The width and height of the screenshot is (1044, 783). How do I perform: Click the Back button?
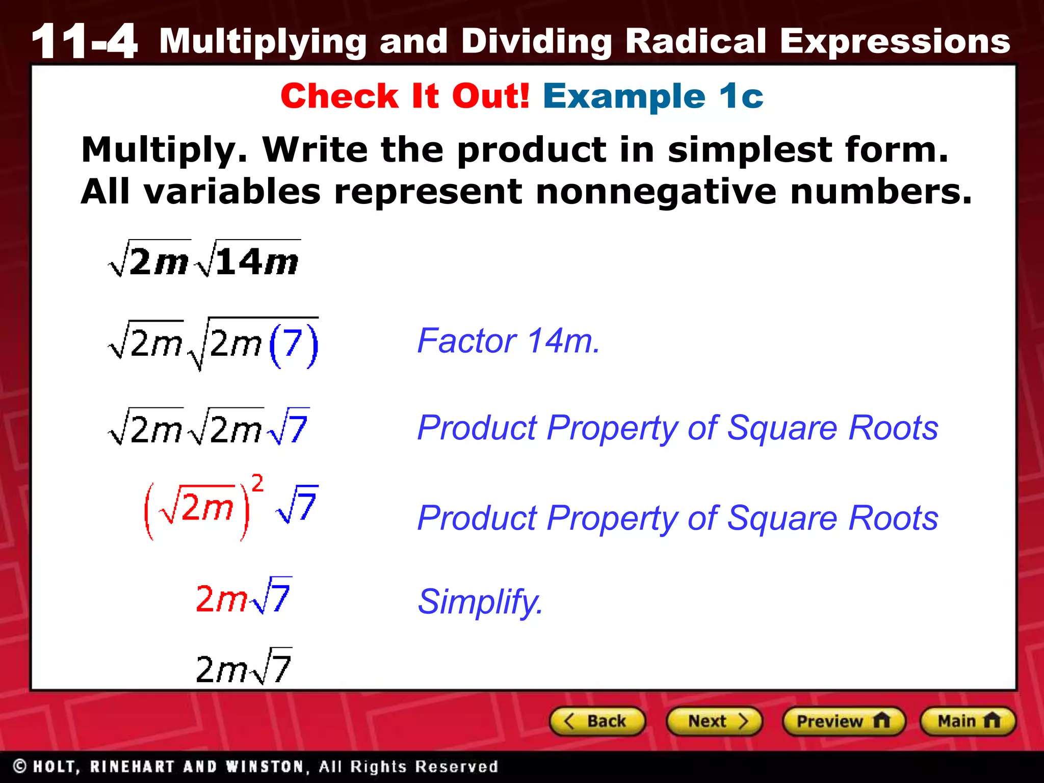(597, 721)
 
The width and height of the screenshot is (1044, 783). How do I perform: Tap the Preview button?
(843, 721)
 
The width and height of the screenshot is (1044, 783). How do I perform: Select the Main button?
(968, 721)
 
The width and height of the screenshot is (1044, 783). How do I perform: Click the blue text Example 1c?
(653, 96)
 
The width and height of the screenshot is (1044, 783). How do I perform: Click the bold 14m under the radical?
(257, 262)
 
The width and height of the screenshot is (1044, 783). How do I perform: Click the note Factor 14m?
(508, 341)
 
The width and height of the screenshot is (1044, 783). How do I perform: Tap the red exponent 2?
(257, 483)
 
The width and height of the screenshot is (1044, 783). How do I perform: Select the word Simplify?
(480, 602)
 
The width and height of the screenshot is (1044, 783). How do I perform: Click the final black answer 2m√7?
(243, 668)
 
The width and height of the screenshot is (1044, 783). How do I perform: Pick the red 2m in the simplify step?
(220, 598)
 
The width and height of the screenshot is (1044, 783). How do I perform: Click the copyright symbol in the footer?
(20, 766)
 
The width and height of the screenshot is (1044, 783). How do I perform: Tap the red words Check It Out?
(405, 96)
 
